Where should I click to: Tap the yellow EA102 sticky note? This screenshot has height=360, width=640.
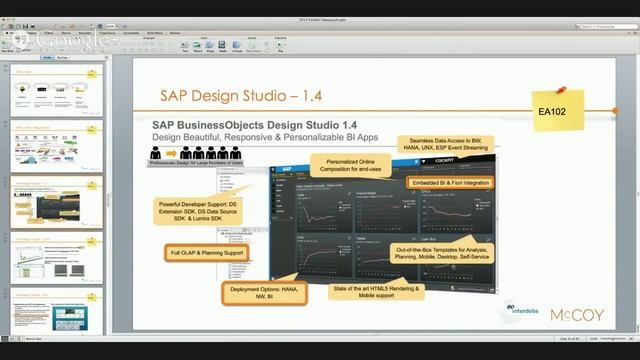(552, 112)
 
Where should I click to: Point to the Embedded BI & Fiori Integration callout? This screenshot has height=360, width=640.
(449, 183)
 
